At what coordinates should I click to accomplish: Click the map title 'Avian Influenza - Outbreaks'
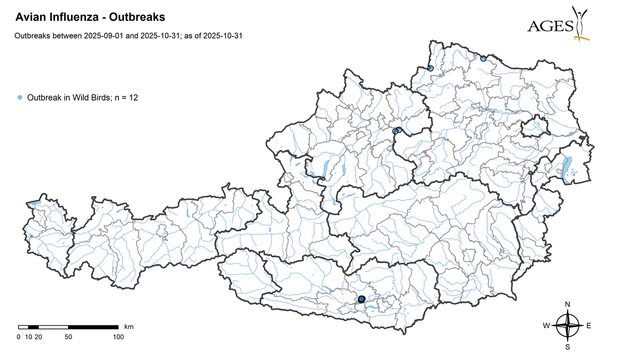[x=90, y=18]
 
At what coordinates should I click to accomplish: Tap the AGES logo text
[x=550, y=26]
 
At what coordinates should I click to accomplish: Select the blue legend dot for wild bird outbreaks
[x=19, y=98]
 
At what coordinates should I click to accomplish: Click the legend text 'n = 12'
[x=126, y=98]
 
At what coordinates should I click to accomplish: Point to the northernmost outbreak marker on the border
[x=483, y=58]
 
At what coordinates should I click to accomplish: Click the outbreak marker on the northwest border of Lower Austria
[x=430, y=68]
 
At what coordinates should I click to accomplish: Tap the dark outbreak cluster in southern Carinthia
[x=361, y=299]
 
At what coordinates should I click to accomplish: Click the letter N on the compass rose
[x=568, y=304]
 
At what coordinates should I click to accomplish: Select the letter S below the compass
[x=568, y=347]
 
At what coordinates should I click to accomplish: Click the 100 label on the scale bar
[x=118, y=337]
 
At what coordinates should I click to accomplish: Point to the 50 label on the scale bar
[x=68, y=337]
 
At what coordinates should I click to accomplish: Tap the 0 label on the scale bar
[x=18, y=337]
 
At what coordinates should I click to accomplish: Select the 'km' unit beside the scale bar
[x=129, y=327]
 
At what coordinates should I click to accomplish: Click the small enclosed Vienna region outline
[x=534, y=128]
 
